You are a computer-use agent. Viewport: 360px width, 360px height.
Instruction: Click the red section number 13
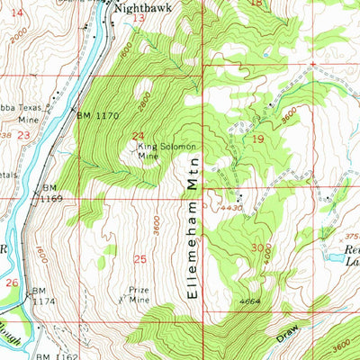[138, 18]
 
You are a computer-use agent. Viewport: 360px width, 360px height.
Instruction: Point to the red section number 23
[23, 133]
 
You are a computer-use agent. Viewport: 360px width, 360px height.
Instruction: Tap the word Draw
[286, 334]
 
